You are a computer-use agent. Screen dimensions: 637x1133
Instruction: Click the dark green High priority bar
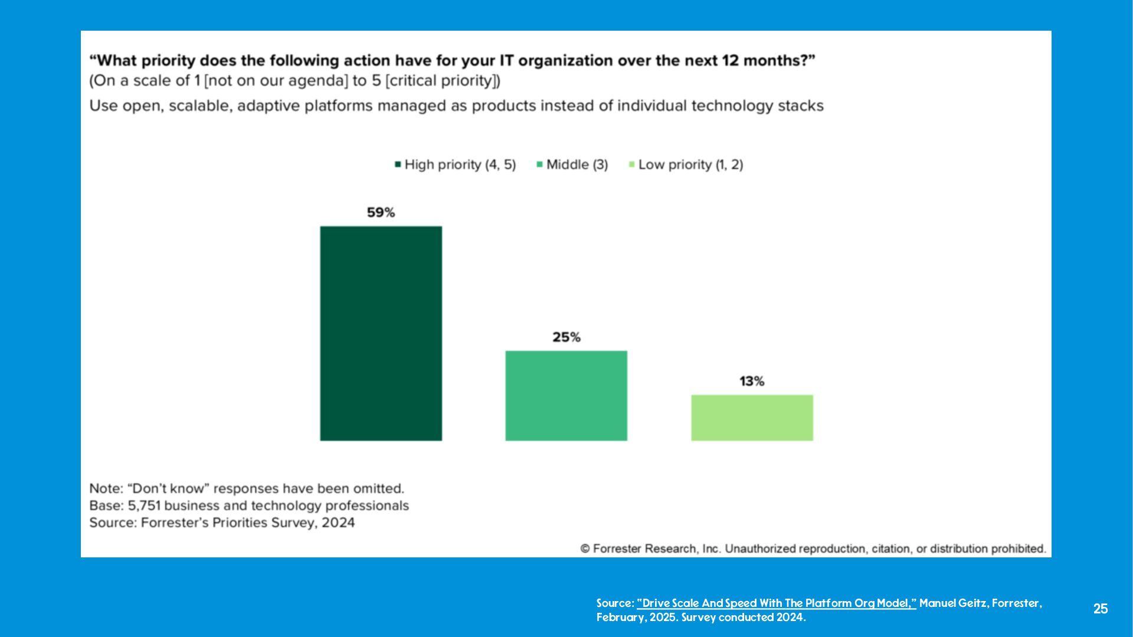pyautogui.click(x=381, y=333)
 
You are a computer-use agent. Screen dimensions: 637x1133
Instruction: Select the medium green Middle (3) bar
pyautogui.click(x=566, y=395)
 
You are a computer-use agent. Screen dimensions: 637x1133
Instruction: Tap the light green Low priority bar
pyautogui.click(x=752, y=418)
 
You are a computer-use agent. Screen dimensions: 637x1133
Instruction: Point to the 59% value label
pyautogui.click(x=381, y=212)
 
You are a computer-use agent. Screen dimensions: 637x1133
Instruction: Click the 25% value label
pyautogui.click(x=566, y=337)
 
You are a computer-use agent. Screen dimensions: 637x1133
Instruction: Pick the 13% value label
pyautogui.click(x=752, y=382)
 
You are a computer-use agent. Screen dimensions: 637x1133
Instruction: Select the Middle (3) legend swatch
pyautogui.click(x=539, y=165)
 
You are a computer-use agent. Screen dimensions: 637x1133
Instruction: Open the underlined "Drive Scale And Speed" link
pyautogui.click(x=776, y=603)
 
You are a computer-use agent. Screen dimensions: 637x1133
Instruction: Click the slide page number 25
pyautogui.click(x=1100, y=609)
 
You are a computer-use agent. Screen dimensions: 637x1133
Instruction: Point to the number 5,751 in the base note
pyautogui.click(x=143, y=506)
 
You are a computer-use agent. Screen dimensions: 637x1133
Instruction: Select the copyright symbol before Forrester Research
pyautogui.click(x=585, y=549)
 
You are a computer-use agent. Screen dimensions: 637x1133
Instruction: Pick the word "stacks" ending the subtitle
pyautogui.click(x=801, y=106)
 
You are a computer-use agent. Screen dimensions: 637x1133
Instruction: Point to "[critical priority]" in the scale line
pyautogui.click(x=443, y=81)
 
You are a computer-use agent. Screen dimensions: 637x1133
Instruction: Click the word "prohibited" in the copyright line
pyautogui.click(x=1018, y=549)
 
